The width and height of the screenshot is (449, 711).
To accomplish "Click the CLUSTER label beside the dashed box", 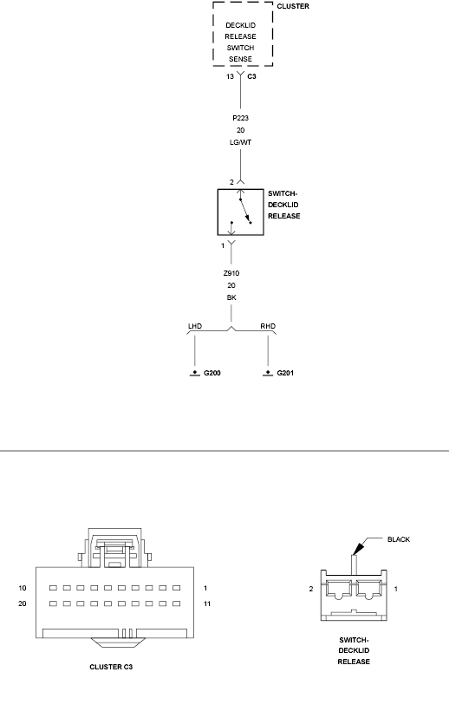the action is [293, 6].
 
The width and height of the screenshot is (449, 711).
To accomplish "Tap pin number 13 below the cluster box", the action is [231, 76].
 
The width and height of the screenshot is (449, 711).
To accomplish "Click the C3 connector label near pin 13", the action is [251, 76].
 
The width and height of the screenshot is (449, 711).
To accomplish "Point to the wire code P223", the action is [241, 118].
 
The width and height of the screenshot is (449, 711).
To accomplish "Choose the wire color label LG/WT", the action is [241, 142].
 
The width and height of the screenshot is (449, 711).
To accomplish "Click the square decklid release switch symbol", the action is [218, 212].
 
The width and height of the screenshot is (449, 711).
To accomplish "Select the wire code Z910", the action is [231, 273].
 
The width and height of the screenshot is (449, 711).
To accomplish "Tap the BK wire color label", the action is [231, 298].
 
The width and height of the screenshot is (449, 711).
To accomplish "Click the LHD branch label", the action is [195, 326].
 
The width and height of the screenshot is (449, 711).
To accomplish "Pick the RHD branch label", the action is [268, 326].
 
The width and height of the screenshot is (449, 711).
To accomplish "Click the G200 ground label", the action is [212, 373].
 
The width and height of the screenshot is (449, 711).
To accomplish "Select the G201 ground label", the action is [285, 373].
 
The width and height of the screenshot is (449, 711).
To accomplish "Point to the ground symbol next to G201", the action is [268, 374].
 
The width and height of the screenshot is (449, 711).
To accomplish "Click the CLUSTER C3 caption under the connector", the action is [111, 667].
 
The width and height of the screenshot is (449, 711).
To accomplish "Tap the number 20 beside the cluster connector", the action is [23, 604].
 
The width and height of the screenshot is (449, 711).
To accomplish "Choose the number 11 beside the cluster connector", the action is [207, 604].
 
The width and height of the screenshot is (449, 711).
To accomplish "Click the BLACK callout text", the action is [399, 539].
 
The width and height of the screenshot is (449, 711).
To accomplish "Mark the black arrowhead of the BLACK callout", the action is [359, 547].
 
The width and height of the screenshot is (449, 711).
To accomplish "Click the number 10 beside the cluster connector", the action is [23, 588].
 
